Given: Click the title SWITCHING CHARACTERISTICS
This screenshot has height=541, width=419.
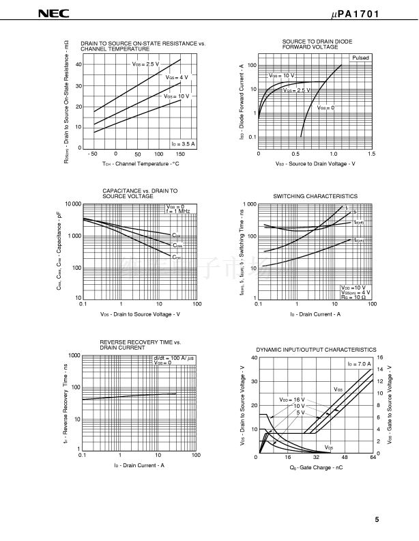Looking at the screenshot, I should point(315,196).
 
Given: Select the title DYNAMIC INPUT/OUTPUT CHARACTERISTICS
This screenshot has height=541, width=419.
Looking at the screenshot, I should point(316,349).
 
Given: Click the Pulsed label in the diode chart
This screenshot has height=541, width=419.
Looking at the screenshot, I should point(360,59).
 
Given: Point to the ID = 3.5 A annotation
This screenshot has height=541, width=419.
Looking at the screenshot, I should point(183,143).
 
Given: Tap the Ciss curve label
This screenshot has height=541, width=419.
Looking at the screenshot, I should point(177,235).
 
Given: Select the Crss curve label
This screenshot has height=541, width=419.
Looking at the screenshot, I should point(177,257).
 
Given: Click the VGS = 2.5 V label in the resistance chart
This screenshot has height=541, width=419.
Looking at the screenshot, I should point(145,64).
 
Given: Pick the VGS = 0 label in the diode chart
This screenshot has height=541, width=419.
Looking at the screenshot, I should point(326,108).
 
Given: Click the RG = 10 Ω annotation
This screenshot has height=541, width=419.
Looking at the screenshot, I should point(354,298).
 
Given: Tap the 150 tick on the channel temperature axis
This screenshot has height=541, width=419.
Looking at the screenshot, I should point(181,154).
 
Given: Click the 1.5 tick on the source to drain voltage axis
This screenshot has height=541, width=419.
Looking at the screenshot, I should point(371,154).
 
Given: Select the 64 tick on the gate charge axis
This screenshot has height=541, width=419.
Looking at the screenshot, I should point(372,457).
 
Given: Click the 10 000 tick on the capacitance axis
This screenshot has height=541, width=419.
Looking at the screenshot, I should point(73,204).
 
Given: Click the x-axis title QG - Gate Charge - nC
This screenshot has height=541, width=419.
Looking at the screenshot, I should point(315,467).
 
